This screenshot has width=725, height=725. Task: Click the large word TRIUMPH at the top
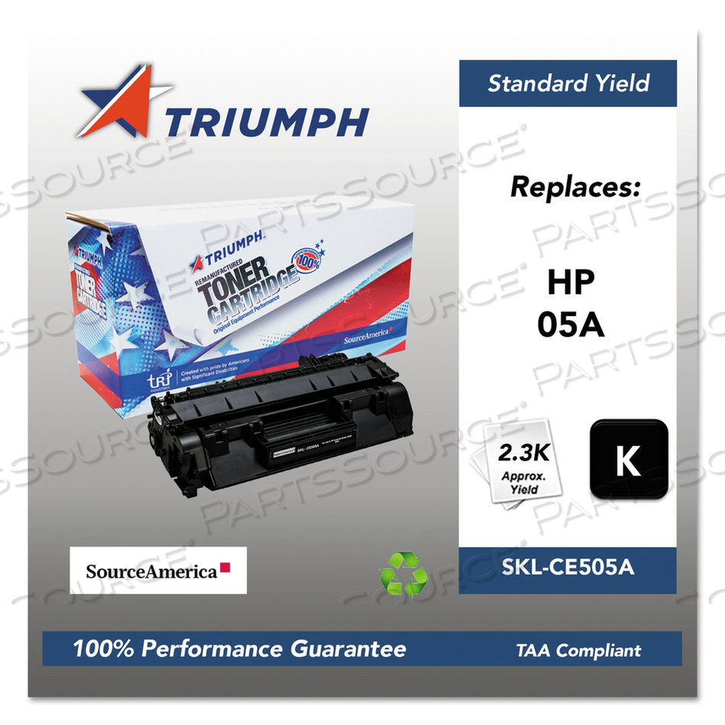(x=266, y=122)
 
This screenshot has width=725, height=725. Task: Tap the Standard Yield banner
(x=568, y=82)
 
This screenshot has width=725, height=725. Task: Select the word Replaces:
(x=574, y=185)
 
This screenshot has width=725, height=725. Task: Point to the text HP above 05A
(x=570, y=284)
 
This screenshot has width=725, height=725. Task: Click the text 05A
(x=571, y=325)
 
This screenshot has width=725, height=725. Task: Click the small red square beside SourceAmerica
(x=226, y=569)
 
